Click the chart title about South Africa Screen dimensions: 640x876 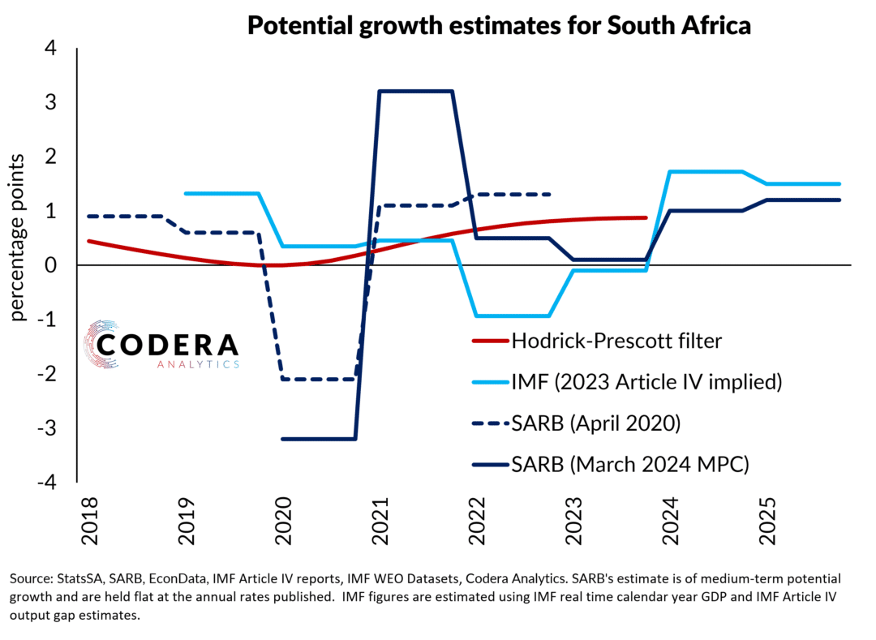(498, 25)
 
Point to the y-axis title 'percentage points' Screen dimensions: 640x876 (19, 236)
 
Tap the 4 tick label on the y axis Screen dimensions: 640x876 (51, 49)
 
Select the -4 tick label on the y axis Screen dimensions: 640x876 (47, 482)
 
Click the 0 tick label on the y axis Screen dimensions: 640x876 (51, 265)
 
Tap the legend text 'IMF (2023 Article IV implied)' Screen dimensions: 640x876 (646, 382)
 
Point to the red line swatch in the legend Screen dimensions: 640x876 (489, 341)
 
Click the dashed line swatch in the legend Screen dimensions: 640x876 (489, 423)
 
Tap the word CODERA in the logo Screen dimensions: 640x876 (167, 345)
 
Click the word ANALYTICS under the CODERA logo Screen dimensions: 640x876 (198, 364)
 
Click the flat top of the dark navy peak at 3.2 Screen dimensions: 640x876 (414, 91)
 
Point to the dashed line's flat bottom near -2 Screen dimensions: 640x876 (317, 379)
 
